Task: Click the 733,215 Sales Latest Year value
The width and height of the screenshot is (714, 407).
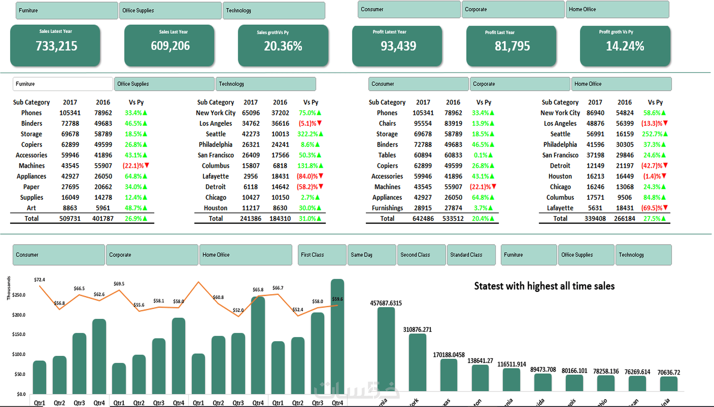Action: [56, 46]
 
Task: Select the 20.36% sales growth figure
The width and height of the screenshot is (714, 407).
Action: [283, 46]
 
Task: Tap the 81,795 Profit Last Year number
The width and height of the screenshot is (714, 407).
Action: [512, 46]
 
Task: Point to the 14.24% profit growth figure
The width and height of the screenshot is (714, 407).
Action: [625, 46]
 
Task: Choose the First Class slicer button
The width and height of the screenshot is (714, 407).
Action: [322, 255]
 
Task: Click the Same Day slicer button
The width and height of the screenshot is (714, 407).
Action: [372, 255]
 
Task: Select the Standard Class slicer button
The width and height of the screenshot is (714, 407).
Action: [471, 255]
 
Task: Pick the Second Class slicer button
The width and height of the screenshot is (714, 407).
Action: [421, 255]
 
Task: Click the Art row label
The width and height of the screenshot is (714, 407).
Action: [31, 208]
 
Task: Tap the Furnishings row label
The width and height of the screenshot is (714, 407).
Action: [387, 208]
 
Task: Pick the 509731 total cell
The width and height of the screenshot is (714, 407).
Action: [70, 219]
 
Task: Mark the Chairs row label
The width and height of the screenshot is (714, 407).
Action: [387, 124]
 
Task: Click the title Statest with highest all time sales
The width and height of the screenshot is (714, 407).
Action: [544, 286]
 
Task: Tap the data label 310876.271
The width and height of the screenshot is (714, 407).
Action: [417, 330]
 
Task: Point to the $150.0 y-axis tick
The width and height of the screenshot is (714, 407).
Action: [18, 334]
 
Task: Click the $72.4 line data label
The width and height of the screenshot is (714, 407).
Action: [39, 280]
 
